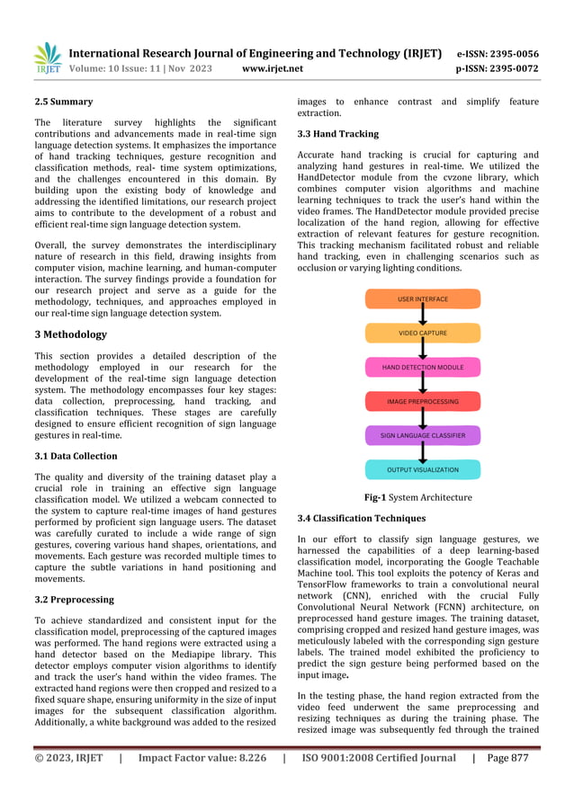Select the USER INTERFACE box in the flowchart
(x=423, y=299)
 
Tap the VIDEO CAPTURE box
(x=423, y=334)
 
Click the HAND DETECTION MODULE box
(x=423, y=368)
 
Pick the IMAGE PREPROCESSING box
(x=423, y=402)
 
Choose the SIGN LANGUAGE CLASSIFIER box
(x=423, y=436)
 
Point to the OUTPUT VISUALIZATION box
(x=423, y=469)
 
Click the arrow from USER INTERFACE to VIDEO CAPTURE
(x=423, y=316)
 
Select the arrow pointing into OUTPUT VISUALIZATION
(x=423, y=453)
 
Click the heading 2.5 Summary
(x=63, y=102)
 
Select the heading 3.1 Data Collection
(x=76, y=457)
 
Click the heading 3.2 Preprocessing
(x=74, y=600)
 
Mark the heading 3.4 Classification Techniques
(x=361, y=519)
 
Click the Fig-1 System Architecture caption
(x=417, y=497)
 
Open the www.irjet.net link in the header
(x=273, y=68)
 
